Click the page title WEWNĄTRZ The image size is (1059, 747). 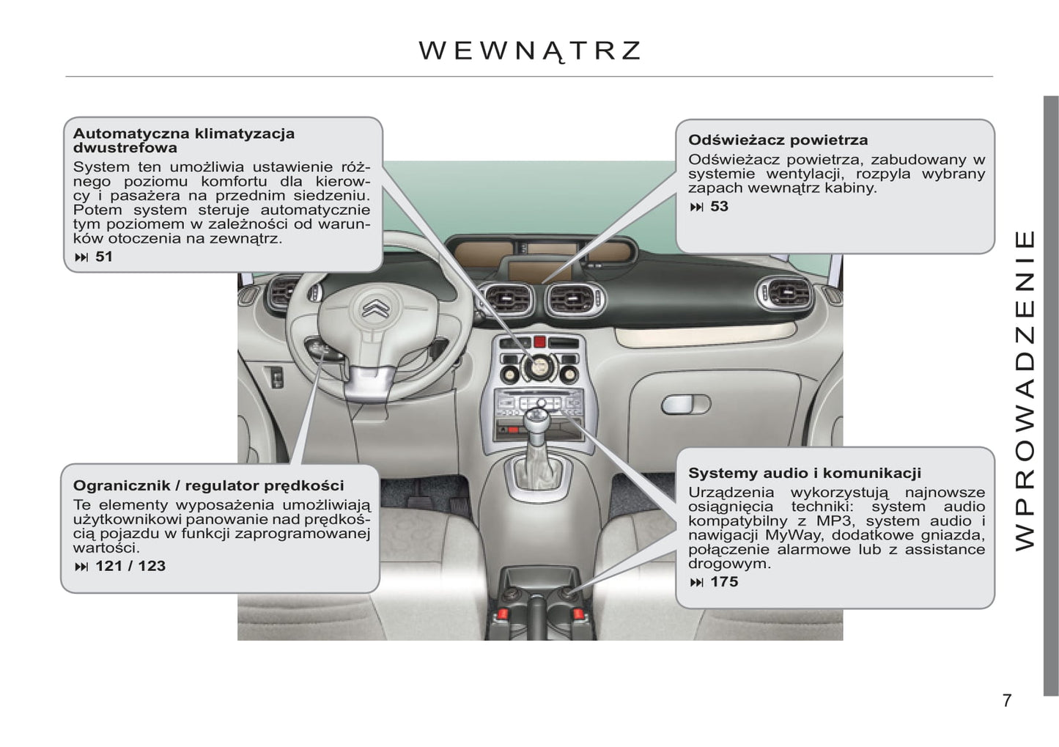[529, 51]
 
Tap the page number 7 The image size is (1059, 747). [1007, 700]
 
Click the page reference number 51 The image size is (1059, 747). [104, 257]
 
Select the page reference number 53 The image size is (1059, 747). [719, 207]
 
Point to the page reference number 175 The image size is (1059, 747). [724, 581]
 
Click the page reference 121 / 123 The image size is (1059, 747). [130, 566]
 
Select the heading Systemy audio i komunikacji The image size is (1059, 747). [805, 473]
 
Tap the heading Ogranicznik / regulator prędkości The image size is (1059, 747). [208, 485]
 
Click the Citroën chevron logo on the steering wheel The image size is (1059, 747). [376, 308]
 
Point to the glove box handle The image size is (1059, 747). [685, 405]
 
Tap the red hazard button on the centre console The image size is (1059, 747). [539, 342]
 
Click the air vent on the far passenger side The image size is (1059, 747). [784, 292]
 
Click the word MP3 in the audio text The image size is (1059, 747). [834, 520]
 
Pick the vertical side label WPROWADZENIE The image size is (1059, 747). [1025, 391]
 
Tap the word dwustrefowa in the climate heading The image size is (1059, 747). [125, 147]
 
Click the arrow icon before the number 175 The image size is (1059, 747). [697, 583]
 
